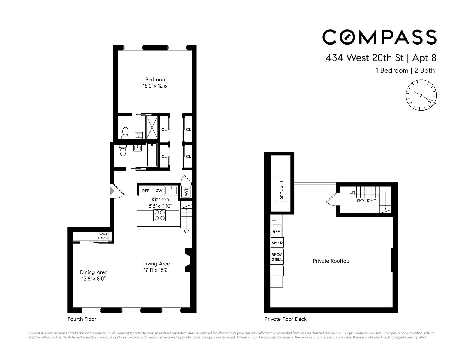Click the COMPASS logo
pos(379,37)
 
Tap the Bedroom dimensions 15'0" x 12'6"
pos(156,86)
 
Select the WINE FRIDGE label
pos(103,236)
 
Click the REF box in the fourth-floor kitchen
pos(146,191)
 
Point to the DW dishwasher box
pos(159,191)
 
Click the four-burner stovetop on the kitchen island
pos(160,215)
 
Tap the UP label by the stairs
pos(186,231)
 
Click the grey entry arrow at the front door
pos(112,191)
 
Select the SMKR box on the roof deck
pos(277,243)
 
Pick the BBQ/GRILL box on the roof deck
pos(277,257)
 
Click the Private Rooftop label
pos(331,261)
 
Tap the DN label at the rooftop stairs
pos(352,192)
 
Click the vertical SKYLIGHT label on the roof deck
pos(281,190)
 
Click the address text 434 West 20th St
pos(364,58)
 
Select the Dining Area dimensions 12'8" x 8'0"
pos(93,279)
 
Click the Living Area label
pos(156,264)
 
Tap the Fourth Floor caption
pos(82,319)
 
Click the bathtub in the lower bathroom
pos(152,155)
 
